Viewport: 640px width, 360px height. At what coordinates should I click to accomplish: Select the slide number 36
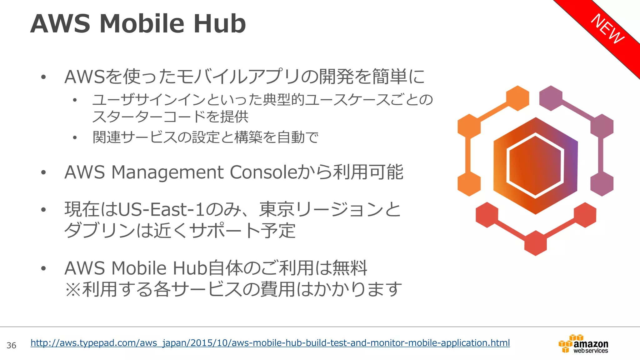click(12, 345)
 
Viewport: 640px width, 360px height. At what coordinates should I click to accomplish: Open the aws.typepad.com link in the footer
click(270, 343)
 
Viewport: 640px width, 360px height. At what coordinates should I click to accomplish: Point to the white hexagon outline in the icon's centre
click(535, 166)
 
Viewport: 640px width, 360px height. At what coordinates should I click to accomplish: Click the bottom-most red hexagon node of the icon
click(535, 243)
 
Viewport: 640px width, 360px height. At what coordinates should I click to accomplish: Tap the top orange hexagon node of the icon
click(517, 98)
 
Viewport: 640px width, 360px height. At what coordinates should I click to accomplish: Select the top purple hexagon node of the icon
click(551, 98)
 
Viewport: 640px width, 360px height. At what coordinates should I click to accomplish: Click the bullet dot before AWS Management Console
click(43, 172)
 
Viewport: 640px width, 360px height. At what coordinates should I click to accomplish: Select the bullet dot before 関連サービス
click(75, 137)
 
